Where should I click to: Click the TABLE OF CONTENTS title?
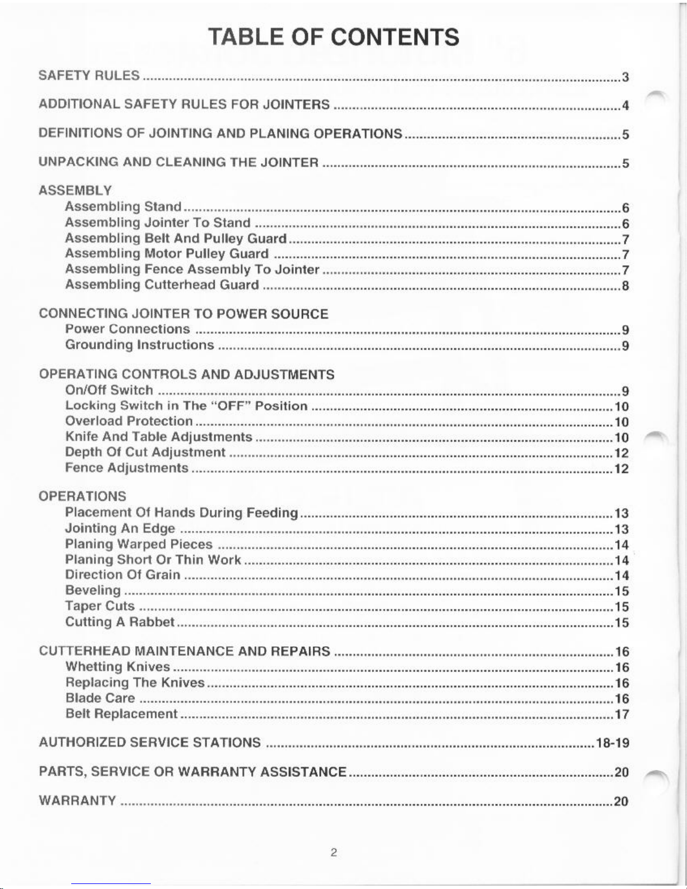[x=334, y=37]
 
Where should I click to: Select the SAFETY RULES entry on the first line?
[x=89, y=75]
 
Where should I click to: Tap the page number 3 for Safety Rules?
[x=625, y=77]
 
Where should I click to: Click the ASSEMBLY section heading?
[x=75, y=190]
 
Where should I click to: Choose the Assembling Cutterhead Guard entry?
[x=162, y=285]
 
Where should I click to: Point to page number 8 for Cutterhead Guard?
[x=625, y=286]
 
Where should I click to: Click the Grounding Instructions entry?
[x=140, y=345]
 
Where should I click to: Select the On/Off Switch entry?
[x=109, y=390]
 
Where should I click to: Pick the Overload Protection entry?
[x=129, y=421]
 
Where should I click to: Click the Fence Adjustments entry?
[x=127, y=468]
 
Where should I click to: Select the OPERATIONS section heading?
[x=82, y=496]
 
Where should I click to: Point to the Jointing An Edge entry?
[x=120, y=528]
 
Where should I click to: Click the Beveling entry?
[x=93, y=590]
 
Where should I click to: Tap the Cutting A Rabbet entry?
[x=120, y=622]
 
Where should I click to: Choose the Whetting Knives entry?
[x=118, y=667]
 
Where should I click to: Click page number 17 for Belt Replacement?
[x=622, y=715]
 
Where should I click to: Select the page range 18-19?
[x=613, y=744]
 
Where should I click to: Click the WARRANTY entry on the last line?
[x=77, y=800]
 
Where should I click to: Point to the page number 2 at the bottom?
[x=333, y=853]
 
